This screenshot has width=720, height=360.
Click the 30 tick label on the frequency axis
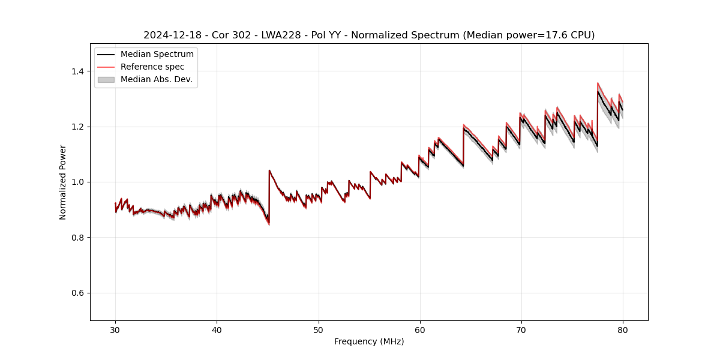(x=116, y=329)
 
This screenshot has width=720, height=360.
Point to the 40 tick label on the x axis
(x=217, y=329)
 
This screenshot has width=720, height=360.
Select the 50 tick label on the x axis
(x=319, y=329)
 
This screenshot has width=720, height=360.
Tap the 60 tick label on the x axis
(x=420, y=329)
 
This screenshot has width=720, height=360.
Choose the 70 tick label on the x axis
(x=521, y=329)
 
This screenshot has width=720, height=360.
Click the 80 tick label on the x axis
(x=623, y=329)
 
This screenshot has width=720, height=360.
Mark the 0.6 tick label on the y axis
(x=79, y=293)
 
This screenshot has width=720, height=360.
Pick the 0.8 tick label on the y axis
(x=79, y=238)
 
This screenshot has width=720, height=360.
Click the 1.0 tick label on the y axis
(x=79, y=182)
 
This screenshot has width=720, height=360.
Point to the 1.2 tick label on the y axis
(x=79, y=127)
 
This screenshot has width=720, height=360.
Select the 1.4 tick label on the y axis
(x=79, y=71)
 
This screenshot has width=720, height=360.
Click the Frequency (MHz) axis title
(x=369, y=341)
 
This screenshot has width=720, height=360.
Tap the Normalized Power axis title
(x=63, y=182)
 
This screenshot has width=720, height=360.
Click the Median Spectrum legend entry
(x=157, y=55)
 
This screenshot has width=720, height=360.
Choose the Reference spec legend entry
(x=152, y=67)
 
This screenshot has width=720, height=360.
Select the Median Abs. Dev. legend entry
(x=156, y=79)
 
